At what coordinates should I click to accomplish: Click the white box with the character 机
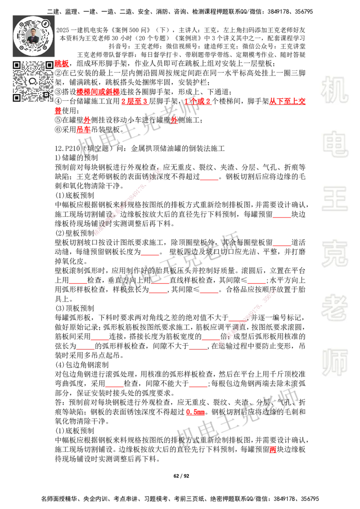[334, 89]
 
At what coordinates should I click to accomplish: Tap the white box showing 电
[336, 144]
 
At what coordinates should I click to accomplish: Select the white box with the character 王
[334, 199]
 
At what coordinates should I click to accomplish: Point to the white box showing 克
[334, 253]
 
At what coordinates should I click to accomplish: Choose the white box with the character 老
[334, 307]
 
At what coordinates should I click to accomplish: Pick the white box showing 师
[334, 363]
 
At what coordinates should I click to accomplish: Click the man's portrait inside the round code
[33, 36]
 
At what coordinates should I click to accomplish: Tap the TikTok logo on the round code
[45, 23]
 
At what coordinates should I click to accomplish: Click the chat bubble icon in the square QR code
[33, 81]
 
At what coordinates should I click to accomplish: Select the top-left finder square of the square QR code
[17, 65]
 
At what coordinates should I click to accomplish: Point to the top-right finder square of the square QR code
[49, 65]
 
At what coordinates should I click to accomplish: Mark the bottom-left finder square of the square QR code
[17, 97]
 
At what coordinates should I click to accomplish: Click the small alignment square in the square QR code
[45, 94]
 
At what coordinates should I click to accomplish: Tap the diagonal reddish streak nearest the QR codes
[127, 201]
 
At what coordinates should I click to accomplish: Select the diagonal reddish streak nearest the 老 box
[247, 317]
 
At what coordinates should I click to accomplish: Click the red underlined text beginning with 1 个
[198, 101]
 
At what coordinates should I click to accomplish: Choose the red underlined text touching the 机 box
[288, 101]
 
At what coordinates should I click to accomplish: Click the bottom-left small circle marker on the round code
[21, 47]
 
